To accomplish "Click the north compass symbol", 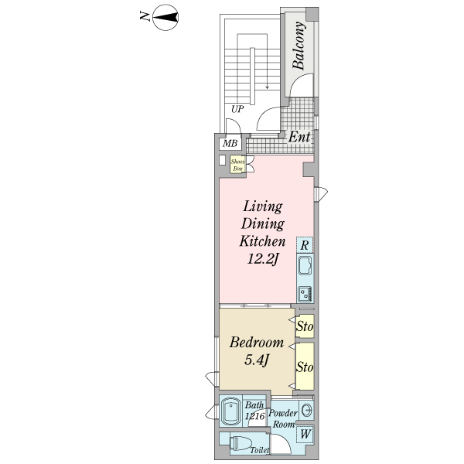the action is tap(165, 18).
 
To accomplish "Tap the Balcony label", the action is tap(299, 46).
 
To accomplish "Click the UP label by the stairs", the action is tap(237, 109).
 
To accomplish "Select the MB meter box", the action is tap(230, 144).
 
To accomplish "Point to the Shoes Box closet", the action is tap(237, 165).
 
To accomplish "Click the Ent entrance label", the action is tap(299, 137).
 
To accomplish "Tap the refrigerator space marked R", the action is tap(305, 245).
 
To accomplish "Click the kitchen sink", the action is tap(305, 265).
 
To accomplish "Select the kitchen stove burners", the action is tap(305, 294).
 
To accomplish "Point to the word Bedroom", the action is tap(257, 343).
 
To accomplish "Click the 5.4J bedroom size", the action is tap(256, 360).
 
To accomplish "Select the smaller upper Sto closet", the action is tap(305, 326).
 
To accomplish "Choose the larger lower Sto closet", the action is tap(305, 367).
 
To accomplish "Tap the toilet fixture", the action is tap(241, 443).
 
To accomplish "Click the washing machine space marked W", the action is tap(305, 434).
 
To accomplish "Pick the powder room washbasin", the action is tap(306, 410).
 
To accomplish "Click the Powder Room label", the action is tap(283, 418).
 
